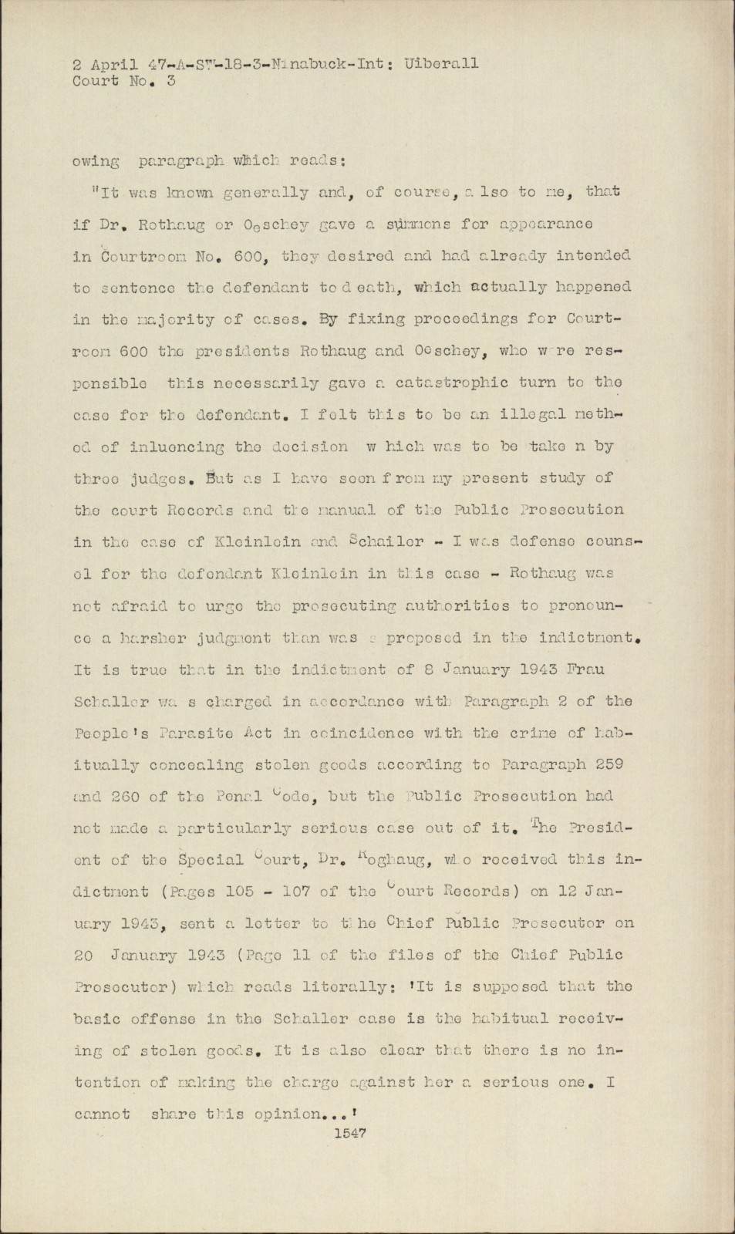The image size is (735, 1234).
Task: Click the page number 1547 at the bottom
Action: click(349, 1133)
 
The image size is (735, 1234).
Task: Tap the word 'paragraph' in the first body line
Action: click(182, 161)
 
